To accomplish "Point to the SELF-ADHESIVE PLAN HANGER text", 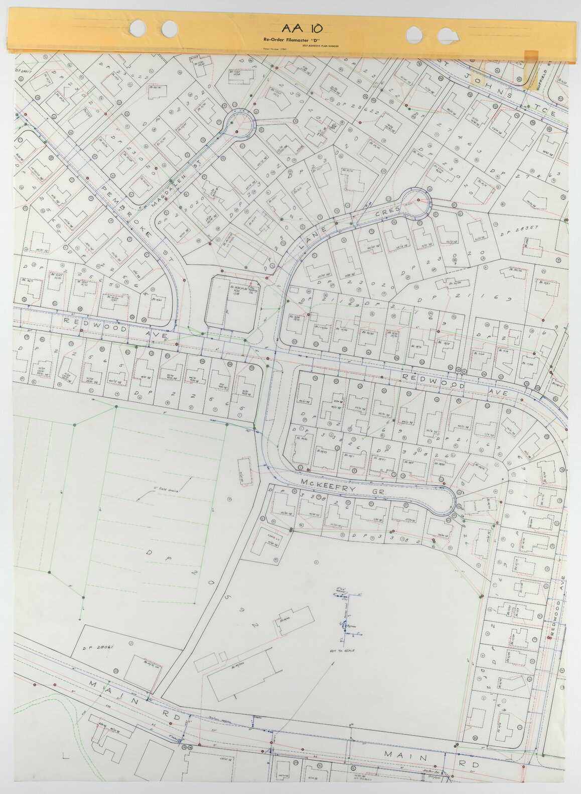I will point(320,46).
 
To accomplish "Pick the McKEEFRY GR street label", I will point(343,487).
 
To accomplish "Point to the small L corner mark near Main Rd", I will point(65,755).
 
